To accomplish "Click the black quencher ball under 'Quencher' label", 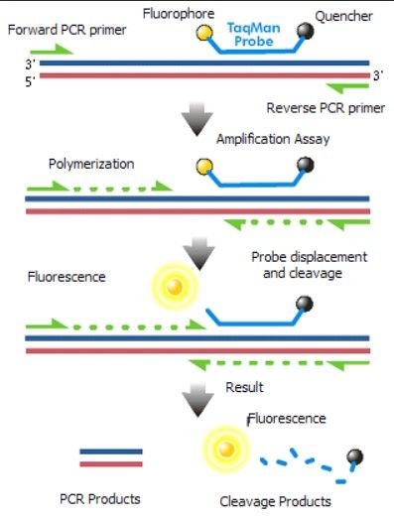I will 308,32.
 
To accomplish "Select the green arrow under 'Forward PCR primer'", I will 59,50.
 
